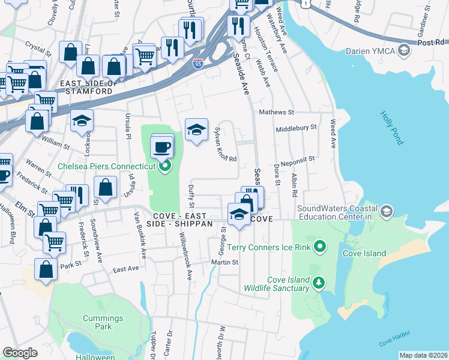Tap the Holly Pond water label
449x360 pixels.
392,128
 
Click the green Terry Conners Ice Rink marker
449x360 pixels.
320,246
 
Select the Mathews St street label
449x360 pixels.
276,112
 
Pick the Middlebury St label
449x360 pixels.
295,128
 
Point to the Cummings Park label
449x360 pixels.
103,323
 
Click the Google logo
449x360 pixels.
20,353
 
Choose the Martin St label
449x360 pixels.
224,262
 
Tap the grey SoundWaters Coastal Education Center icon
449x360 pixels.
387,211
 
